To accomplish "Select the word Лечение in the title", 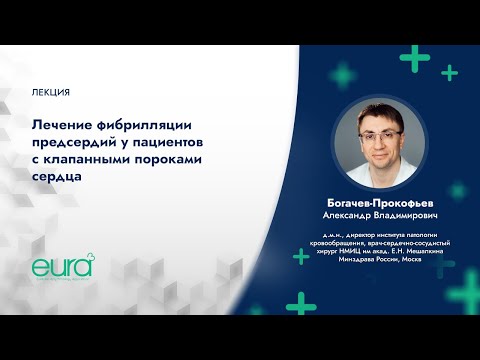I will click(65, 121).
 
